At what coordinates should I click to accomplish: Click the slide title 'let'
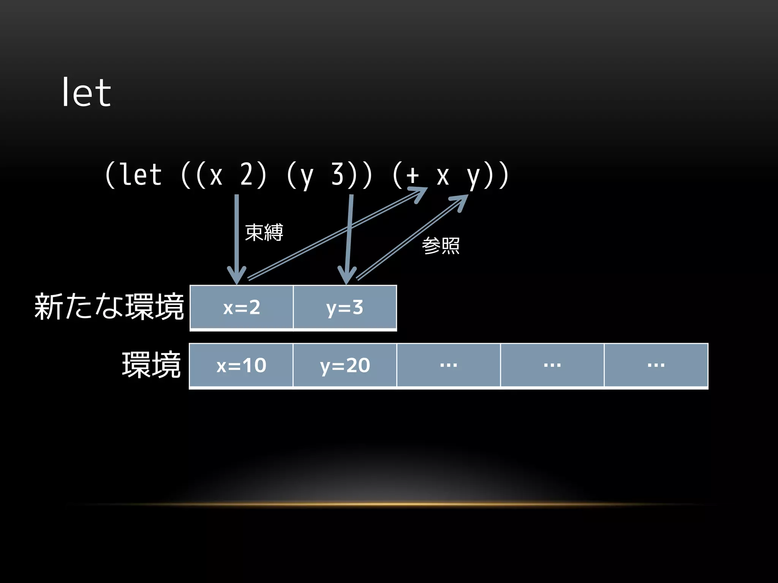[x=86, y=93]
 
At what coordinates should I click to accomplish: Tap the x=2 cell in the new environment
[x=242, y=307]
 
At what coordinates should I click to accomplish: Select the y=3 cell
[x=345, y=307]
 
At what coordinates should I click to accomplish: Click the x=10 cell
[x=241, y=365]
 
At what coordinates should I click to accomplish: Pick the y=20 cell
[x=345, y=365]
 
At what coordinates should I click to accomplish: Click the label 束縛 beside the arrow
[x=264, y=232]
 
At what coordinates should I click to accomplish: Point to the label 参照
[x=441, y=246]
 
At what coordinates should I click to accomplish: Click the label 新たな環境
[x=109, y=307]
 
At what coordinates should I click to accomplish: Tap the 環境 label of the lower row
[x=151, y=365]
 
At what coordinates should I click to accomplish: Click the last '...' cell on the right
[x=656, y=365]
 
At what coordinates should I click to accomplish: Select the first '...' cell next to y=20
[x=449, y=365]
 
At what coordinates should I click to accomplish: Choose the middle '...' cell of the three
[x=552, y=365]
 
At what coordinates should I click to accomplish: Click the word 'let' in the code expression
[x=141, y=175]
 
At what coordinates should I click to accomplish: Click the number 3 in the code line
[x=338, y=175]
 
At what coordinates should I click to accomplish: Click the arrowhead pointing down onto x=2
[x=237, y=276]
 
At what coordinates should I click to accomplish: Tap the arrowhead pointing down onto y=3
[x=346, y=276]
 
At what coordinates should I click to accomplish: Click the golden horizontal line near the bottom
[x=389, y=504]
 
